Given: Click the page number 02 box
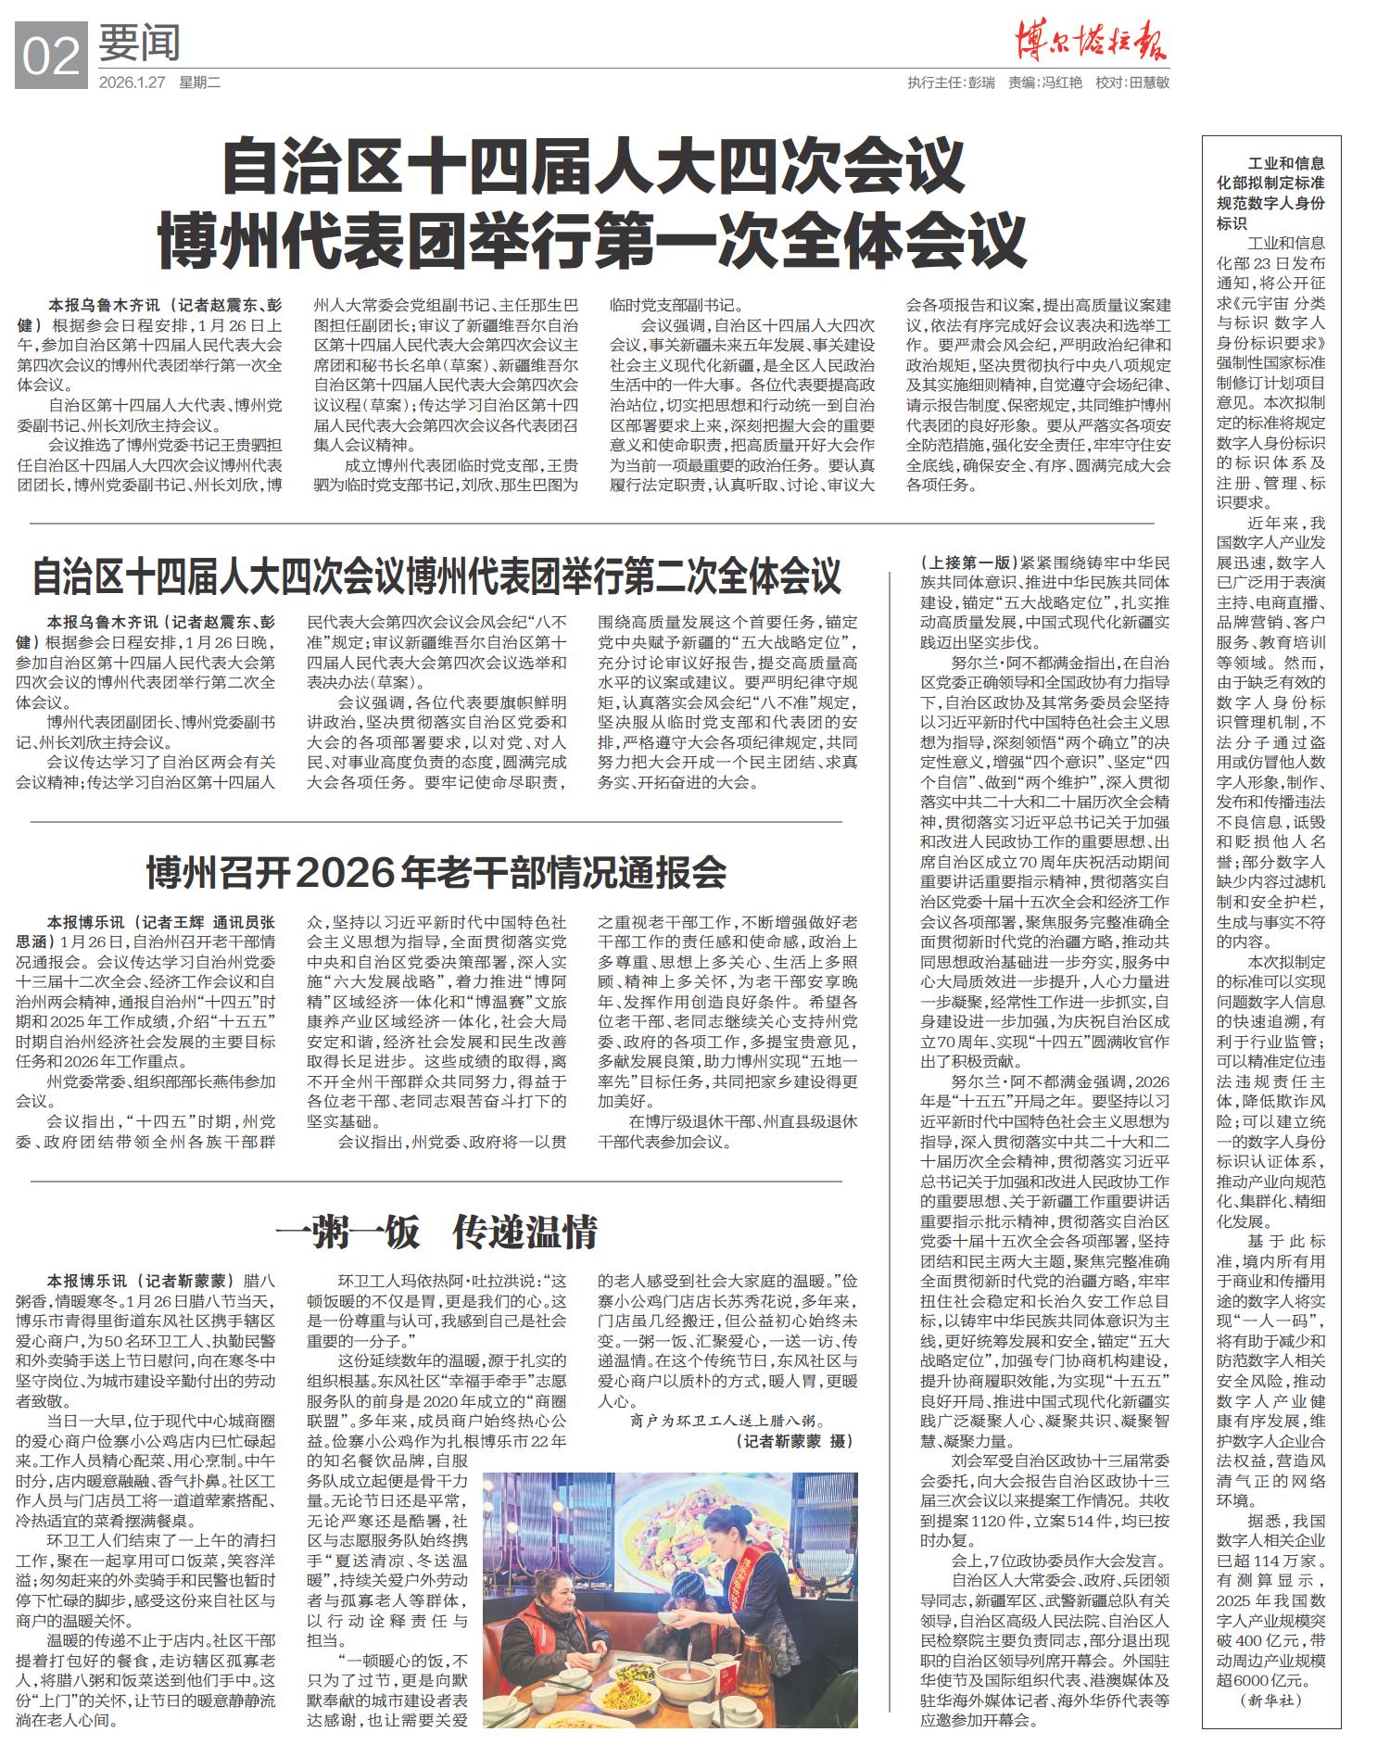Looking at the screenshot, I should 51,57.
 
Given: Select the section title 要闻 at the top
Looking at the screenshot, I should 140,43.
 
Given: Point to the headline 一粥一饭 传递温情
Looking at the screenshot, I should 436,1232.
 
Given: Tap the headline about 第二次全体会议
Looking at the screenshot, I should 436,575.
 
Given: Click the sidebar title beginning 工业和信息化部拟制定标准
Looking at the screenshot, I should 1270,193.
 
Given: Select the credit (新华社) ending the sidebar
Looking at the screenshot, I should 1270,1700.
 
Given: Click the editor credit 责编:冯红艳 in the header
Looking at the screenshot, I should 1045,82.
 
